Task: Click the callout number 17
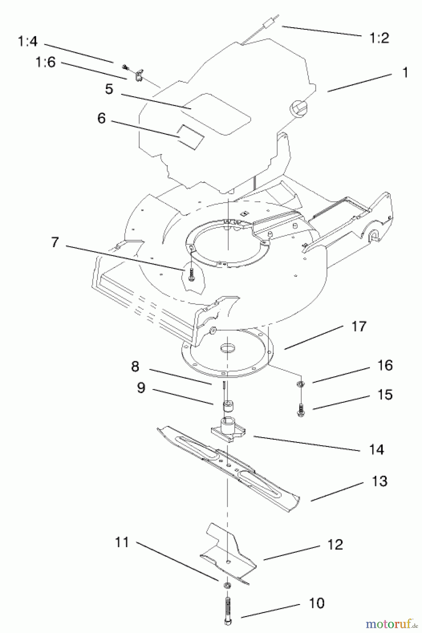(x=359, y=326)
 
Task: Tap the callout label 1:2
(x=379, y=38)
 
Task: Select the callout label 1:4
(x=27, y=42)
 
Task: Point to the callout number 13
(x=379, y=481)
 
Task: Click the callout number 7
(x=55, y=242)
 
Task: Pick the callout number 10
(x=316, y=603)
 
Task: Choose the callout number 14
(x=377, y=449)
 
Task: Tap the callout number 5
(x=109, y=89)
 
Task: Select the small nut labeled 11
(x=227, y=586)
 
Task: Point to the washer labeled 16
(x=301, y=383)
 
